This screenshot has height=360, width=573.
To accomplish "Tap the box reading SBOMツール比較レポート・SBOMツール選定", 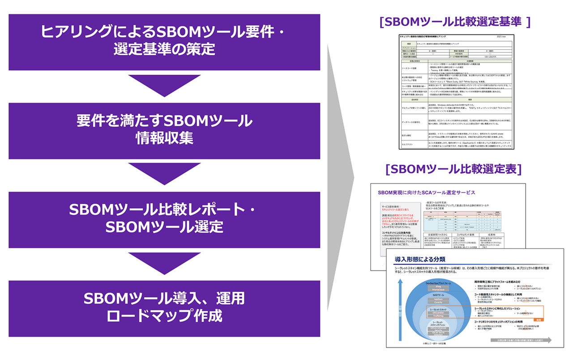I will (x=164, y=219).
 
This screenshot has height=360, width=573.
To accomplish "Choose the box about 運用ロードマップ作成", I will (x=164, y=308).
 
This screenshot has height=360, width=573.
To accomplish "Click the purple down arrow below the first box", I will (x=164, y=85).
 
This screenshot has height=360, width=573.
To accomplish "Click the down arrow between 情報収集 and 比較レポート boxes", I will (x=164, y=174).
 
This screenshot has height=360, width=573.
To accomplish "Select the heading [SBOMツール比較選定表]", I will (x=453, y=169).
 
